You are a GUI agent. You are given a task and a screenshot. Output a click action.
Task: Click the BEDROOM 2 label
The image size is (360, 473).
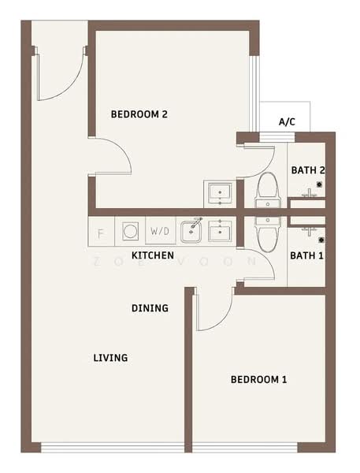click(x=139, y=114)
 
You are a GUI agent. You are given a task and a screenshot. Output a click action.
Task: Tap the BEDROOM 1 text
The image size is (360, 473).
click(x=258, y=380)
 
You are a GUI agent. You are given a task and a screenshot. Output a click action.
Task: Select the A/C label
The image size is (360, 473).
click(x=287, y=122)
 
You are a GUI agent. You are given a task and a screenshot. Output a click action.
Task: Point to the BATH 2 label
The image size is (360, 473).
click(x=308, y=169)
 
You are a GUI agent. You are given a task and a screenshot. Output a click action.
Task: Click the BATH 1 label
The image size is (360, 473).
click(x=306, y=255)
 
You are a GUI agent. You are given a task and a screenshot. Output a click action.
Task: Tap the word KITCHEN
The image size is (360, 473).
click(x=153, y=256)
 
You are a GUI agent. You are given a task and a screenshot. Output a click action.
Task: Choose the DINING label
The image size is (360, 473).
click(x=150, y=308)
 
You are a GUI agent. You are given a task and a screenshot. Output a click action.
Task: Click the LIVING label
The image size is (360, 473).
click(x=110, y=358)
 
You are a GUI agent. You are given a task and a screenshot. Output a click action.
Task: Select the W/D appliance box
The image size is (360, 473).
click(x=160, y=232)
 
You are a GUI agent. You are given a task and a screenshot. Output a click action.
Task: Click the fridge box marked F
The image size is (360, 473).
click(x=100, y=233)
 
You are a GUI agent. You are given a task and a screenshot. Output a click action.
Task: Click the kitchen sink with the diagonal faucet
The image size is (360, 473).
click(x=192, y=231)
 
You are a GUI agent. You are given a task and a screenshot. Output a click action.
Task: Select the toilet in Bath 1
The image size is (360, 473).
click(x=267, y=233)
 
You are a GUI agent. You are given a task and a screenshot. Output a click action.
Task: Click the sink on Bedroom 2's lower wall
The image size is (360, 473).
click(x=218, y=192)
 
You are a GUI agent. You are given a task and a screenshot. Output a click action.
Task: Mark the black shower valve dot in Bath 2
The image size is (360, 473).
click(x=319, y=184)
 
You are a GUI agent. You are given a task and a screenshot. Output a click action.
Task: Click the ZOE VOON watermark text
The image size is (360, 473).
click(x=173, y=261)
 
